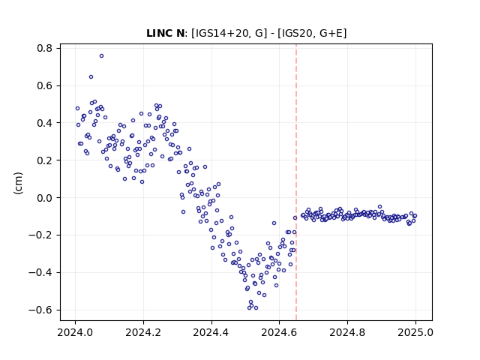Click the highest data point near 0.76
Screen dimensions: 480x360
tap(102, 56)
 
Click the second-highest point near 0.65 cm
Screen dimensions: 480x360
tap(91, 76)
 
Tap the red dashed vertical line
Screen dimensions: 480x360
tap(296, 182)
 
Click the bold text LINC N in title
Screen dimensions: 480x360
tap(166, 33)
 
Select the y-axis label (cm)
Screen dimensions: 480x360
tap(18, 183)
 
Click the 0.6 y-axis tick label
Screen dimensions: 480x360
tap(45, 85)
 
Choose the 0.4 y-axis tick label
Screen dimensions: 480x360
tap(45, 123)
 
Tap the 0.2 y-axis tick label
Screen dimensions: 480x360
tap(45, 160)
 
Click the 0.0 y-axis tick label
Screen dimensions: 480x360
tap(45, 198)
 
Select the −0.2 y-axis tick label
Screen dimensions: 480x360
tap(40, 235)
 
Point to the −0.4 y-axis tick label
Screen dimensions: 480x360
tap(40, 272)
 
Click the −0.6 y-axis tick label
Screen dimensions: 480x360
tap(40, 310)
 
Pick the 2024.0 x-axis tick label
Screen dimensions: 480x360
tap(75, 332)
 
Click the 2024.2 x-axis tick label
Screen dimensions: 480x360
tap(143, 332)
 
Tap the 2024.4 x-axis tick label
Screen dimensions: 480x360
tap(211, 332)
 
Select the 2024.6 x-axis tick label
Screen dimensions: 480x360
tap(279, 332)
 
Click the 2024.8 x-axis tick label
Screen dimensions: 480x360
tap(347, 332)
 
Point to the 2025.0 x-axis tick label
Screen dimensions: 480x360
tap(415, 332)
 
